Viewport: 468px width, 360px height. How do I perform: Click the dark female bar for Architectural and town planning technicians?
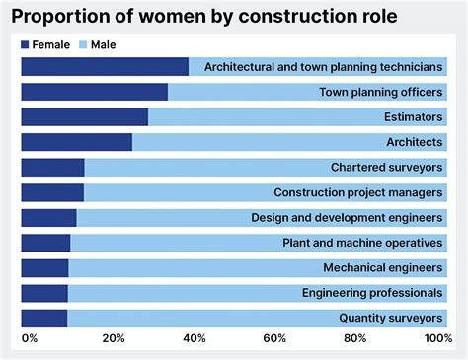click(x=104, y=67)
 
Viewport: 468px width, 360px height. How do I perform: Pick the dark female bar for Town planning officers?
click(x=94, y=93)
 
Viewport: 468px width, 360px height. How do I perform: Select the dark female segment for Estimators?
click(x=84, y=117)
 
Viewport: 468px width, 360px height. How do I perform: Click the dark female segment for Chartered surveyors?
click(x=52, y=168)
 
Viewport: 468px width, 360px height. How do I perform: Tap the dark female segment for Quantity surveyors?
click(x=43, y=318)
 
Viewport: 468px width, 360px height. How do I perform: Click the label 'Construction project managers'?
click(x=357, y=193)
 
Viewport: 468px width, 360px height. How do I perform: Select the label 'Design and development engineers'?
click(x=347, y=218)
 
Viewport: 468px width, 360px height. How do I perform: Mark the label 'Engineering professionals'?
click(x=371, y=293)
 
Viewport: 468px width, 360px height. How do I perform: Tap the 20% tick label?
click(x=113, y=339)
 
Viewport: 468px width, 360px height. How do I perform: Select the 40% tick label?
click(x=195, y=339)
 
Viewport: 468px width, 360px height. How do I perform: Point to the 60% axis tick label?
click(x=276, y=339)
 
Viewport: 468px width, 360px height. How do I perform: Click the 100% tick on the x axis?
click(x=437, y=339)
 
